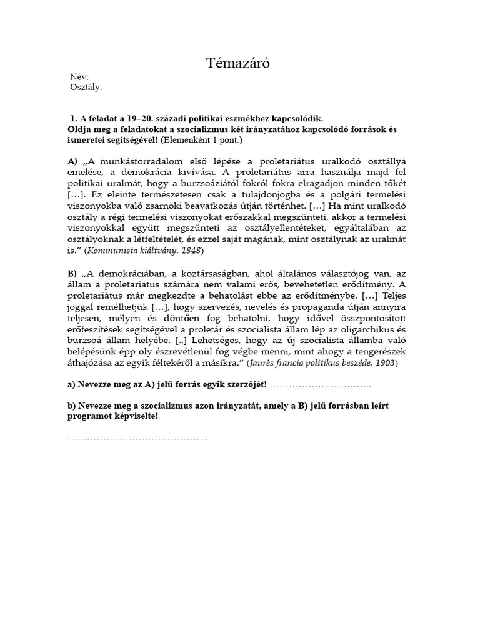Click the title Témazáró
point(239,63)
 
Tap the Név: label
point(79,77)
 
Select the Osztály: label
point(86,87)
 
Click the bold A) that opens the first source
point(72,161)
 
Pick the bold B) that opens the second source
point(72,273)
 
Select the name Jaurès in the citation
point(264,362)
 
